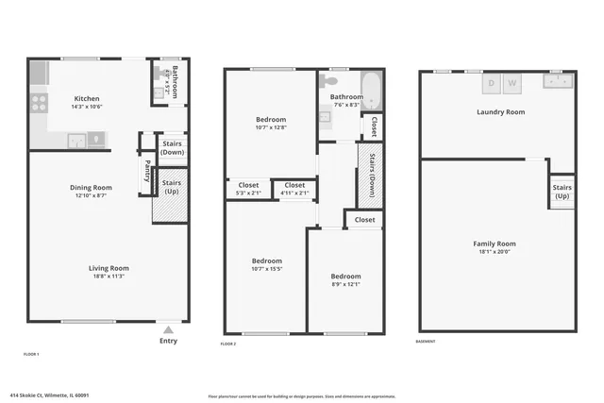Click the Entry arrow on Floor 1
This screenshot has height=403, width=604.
pyautogui.click(x=169, y=329)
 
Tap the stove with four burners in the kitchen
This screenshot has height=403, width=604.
pyautogui.click(x=39, y=102)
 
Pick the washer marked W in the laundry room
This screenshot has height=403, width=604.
pyautogui.click(x=512, y=84)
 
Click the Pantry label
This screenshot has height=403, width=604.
pyautogui.click(x=147, y=173)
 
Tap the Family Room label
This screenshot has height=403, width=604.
pyautogui.click(x=494, y=243)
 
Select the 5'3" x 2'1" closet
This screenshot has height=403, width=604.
pyautogui.click(x=248, y=189)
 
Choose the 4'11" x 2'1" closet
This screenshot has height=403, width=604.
pyautogui.click(x=294, y=189)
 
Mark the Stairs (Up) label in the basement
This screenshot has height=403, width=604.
pyautogui.click(x=562, y=192)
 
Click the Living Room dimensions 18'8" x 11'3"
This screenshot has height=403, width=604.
pyautogui.click(x=109, y=277)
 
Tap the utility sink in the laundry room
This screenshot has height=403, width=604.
pyautogui.click(x=555, y=83)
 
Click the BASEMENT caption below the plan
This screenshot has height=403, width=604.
pyautogui.click(x=427, y=342)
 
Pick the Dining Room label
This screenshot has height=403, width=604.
pyautogui.click(x=91, y=187)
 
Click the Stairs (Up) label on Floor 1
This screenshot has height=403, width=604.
pyautogui.click(x=172, y=187)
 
